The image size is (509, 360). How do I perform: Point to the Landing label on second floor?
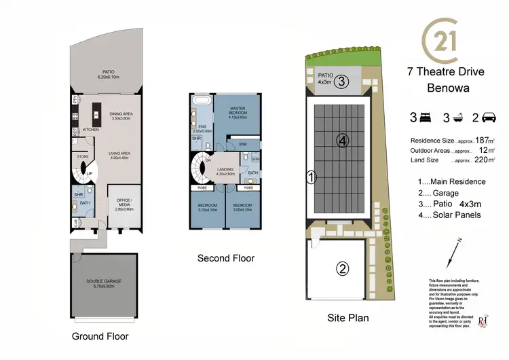click(225, 171)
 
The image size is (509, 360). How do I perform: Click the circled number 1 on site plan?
click(311, 179)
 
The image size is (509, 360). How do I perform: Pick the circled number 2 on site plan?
click(343, 268)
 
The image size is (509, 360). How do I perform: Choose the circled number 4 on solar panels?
click(343, 141)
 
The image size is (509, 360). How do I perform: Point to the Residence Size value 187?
click(483, 139)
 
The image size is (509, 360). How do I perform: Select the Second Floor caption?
click(226, 258)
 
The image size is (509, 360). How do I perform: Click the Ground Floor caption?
click(100, 336)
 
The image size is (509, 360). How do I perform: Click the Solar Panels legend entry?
click(449, 215)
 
